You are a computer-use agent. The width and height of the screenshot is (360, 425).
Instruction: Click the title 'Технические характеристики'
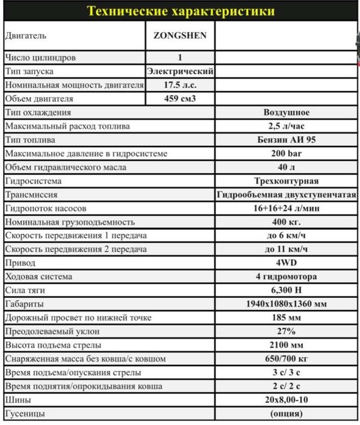pos(180,12)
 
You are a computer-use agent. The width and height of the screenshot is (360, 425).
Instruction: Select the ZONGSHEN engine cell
pos(180,35)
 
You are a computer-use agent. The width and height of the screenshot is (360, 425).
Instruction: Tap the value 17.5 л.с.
pos(180,85)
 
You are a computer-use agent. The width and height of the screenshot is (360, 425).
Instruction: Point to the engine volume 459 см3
pos(180,98)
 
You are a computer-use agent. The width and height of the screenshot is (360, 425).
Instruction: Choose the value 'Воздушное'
pos(286,112)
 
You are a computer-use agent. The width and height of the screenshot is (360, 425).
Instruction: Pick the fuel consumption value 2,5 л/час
pos(286,126)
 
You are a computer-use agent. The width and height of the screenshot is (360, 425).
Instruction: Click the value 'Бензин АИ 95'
pos(286,140)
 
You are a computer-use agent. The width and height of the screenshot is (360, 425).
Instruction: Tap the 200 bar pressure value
pos(286,154)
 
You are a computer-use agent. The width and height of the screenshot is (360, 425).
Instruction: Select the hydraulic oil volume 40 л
pos(286,167)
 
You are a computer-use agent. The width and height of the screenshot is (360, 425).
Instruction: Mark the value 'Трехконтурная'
pos(286,181)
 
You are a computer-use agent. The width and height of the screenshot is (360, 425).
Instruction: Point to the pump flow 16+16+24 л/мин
pos(286,209)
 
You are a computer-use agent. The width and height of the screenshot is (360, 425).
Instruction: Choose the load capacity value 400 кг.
pos(286,222)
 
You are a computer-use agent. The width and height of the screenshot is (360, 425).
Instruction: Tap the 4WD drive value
pos(286,263)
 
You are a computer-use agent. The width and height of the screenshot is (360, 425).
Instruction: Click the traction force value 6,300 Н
pos(286,290)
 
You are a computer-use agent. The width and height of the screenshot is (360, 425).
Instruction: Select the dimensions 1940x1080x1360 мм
pos(286,303)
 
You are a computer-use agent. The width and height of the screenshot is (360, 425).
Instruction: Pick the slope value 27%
pos(286,331)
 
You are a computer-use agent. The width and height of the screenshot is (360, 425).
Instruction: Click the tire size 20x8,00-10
pos(286,400)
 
